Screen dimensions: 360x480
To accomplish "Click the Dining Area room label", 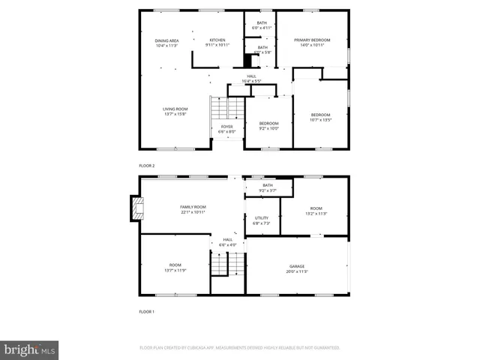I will (166, 43).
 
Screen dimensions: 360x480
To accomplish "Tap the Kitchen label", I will (217, 43).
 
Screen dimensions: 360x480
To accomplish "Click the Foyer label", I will (226, 129).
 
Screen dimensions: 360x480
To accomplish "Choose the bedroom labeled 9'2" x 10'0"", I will (268, 125).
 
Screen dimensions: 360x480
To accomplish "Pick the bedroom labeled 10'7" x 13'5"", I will (320, 117).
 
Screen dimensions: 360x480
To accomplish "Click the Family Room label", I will (193, 209).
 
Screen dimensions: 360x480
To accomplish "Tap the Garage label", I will (297, 268).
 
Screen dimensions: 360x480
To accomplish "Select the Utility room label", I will (261, 220).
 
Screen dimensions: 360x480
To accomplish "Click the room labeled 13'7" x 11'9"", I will (175, 267).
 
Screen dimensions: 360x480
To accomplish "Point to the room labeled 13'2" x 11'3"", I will (316, 211).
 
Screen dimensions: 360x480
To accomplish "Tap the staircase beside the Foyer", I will (217, 109).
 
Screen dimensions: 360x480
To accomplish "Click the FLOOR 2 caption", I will (146, 165).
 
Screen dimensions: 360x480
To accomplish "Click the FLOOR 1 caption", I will (146, 310).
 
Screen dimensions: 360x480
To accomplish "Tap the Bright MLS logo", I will (29, 349).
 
